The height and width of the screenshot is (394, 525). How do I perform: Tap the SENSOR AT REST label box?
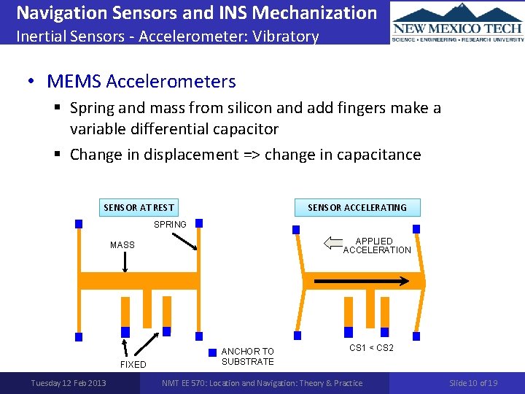(139, 208)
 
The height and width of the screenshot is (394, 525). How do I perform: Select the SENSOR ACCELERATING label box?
(357, 208)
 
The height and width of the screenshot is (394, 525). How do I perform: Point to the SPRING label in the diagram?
(170, 225)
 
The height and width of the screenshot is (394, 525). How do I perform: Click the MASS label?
(122, 245)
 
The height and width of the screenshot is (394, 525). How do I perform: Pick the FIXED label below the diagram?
(133, 365)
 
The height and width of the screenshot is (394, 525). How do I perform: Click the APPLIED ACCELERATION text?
(376, 246)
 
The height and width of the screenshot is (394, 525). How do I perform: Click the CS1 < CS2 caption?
(371, 348)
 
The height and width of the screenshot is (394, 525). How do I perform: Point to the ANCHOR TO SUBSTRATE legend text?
(247, 357)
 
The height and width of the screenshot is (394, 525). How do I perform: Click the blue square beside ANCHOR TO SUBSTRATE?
(212, 352)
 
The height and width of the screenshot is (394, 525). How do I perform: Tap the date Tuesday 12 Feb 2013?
(68, 383)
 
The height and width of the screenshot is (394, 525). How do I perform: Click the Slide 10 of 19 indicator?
(473, 383)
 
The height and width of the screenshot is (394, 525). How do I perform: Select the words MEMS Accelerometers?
(141, 81)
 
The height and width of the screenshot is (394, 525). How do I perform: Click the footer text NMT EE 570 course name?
(262, 383)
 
